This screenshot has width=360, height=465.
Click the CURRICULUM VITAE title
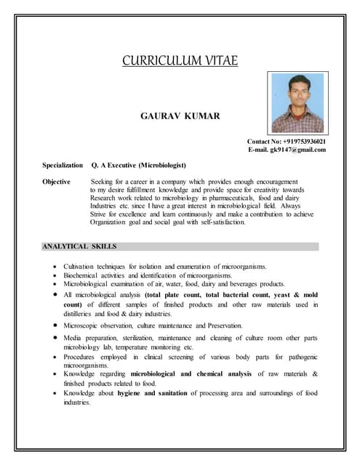[179, 60]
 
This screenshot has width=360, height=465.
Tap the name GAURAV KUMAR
[179, 116]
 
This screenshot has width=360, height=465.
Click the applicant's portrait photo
[297, 102]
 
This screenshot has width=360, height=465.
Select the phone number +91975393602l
[306, 141]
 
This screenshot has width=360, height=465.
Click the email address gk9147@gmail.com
[300, 150]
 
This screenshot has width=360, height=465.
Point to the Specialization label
[63, 166]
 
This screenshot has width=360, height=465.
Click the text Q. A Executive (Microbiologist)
[139, 166]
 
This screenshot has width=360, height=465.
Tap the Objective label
[56, 182]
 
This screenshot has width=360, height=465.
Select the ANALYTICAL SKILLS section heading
[79, 247]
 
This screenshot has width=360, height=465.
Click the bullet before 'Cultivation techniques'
[56, 267]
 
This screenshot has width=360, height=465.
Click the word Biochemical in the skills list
[81, 276]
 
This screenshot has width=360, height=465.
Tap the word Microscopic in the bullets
[81, 326]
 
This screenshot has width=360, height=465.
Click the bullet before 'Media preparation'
[56, 339]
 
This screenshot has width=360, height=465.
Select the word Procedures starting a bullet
[82, 357]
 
